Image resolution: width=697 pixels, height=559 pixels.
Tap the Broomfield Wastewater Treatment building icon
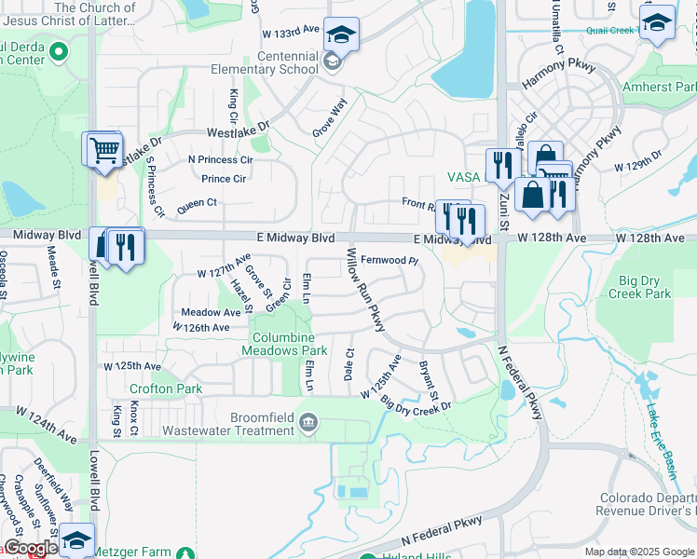pyautogui.click(x=308, y=425)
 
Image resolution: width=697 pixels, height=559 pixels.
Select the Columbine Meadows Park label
pyautogui.click(x=284, y=343)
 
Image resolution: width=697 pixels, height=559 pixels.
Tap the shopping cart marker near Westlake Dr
pyautogui.click(x=103, y=149)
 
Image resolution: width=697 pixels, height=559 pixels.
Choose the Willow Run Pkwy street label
pyautogui.click(x=364, y=288)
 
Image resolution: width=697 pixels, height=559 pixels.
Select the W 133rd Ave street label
pyautogui.click(x=291, y=33)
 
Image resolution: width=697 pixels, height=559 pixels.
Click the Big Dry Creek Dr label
pyautogui.click(x=416, y=403)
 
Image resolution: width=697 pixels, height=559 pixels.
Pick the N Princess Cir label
pyautogui.click(x=220, y=159)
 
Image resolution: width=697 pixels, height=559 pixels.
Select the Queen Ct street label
pyautogui.click(x=196, y=202)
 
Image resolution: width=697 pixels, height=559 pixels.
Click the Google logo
pyautogui.click(x=30, y=548)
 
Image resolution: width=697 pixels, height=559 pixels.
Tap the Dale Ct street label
pyautogui.click(x=349, y=364)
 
